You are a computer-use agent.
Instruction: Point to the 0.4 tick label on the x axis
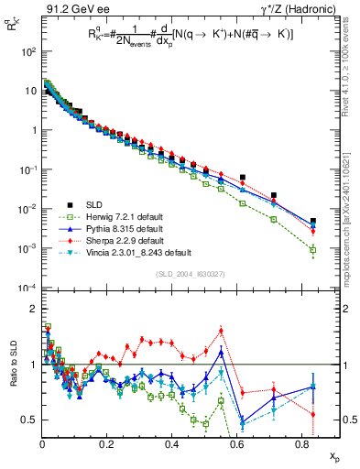pos(171,443)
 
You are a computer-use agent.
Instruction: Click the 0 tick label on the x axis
pos(42,443)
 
